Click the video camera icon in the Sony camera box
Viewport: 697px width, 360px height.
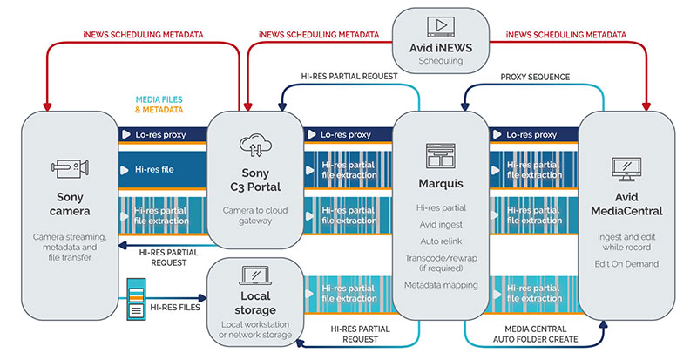[x=68, y=171]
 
